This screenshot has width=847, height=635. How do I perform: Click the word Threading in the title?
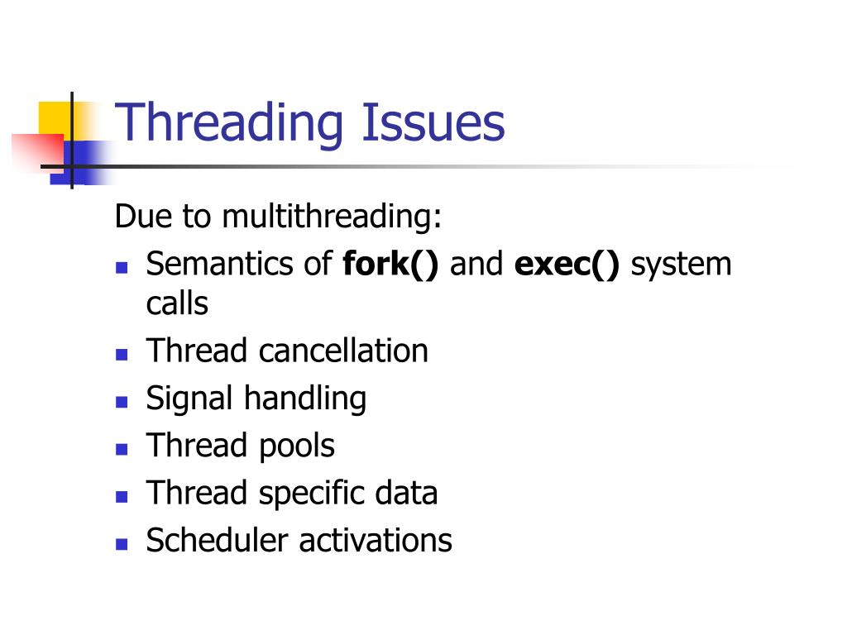click(x=227, y=124)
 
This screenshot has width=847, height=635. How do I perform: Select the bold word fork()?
click(x=391, y=265)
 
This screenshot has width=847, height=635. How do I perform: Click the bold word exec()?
click(x=567, y=265)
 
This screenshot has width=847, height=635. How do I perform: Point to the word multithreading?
click(x=332, y=217)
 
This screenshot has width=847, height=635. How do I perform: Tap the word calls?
click(x=177, y=303)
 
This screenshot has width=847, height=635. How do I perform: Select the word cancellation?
click(x=343, y=351)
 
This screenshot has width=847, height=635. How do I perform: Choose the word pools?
click(x=296, y=446)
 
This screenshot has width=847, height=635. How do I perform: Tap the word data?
click(x=404, y=494)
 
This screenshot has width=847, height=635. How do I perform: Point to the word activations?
click(x=376, y=541)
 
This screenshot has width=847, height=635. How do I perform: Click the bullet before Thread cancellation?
click(x=122, y=355)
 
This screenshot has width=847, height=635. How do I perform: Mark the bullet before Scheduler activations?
click(x=122, y=544)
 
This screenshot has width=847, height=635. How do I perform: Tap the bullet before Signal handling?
click(x=122, y=402)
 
